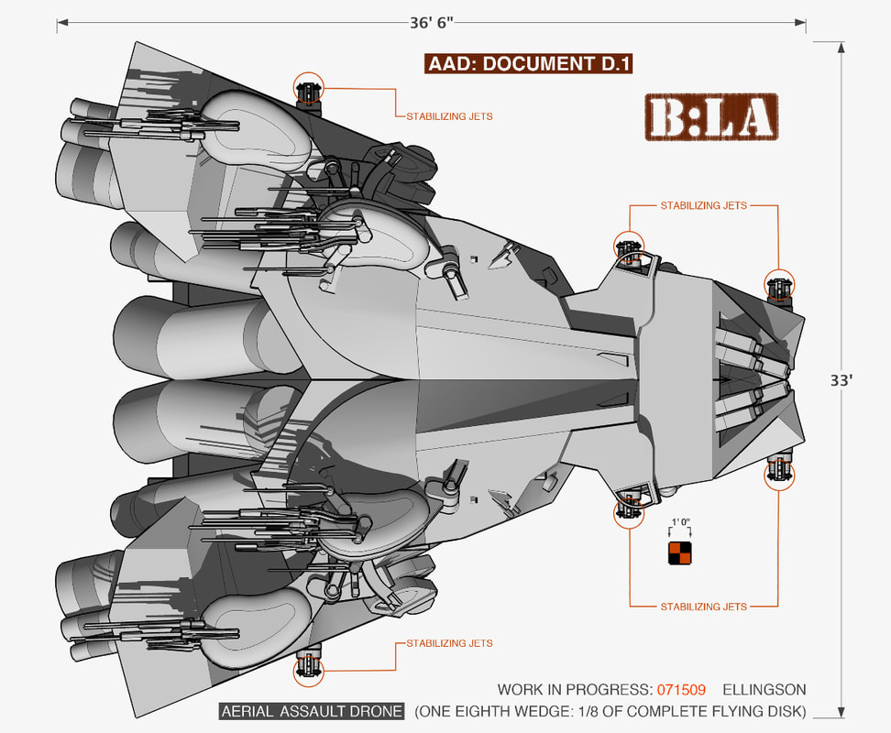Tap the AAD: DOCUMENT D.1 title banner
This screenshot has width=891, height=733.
tap(530, 63)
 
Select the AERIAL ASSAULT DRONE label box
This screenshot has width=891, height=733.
tap(312, 712)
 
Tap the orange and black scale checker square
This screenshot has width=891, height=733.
tap(679, 554)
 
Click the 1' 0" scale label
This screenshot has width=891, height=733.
tap(679, 522)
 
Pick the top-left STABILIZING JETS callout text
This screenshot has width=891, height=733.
tap(449, 116)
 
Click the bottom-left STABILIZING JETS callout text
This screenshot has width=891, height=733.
tap(449, 643)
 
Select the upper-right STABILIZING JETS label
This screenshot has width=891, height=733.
tap(703, 206)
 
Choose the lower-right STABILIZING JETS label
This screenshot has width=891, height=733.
tap(703, 607)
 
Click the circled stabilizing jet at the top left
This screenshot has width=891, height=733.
tap(309, 89)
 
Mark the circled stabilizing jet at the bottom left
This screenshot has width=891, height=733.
tap(309, 671)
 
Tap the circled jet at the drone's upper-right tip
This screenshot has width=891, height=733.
tap(779, 287)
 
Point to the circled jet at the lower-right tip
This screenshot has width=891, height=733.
tap(779, 474)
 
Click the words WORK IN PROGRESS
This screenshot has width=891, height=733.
tap(574, 689)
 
